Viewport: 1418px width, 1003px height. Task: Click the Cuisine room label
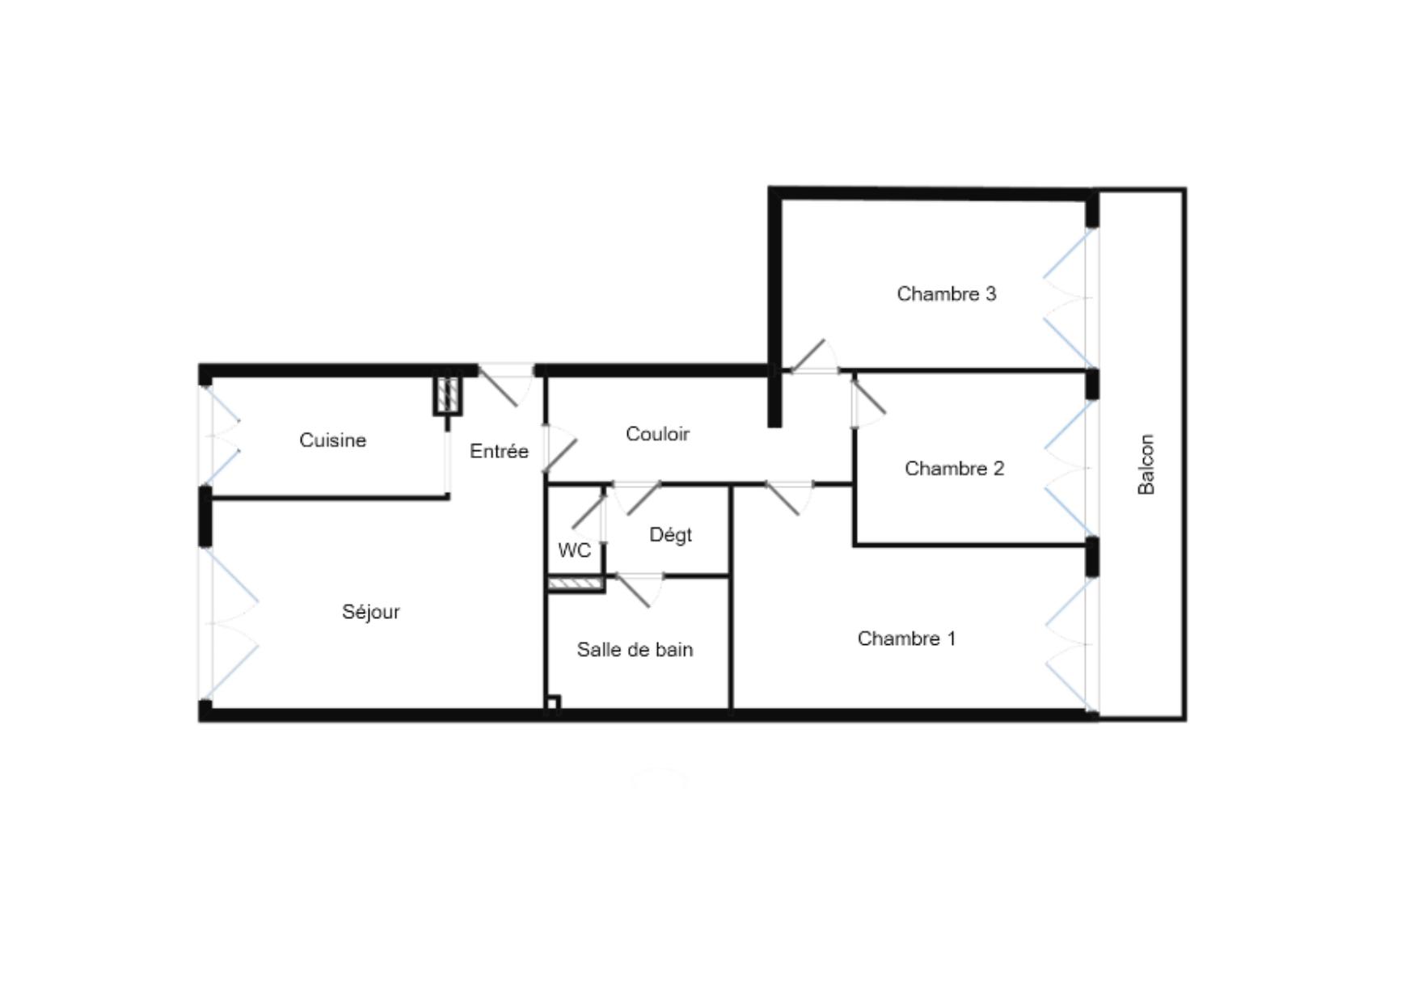click(332, 440)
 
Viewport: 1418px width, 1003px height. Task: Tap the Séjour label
click(371, 612)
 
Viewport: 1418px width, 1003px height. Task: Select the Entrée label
click(499, 451)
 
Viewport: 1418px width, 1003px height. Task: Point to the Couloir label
click(657, 434)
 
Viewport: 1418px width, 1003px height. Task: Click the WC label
click(574, 550)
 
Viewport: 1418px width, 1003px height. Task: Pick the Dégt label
click(670, 535)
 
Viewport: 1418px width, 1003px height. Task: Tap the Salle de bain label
click(635, 650)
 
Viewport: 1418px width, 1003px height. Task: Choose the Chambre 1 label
click(906, 638)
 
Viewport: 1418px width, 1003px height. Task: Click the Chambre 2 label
click(954, 469)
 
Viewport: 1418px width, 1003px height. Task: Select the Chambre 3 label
click(946, 294)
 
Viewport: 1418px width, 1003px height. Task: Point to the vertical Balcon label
click(1146, 464)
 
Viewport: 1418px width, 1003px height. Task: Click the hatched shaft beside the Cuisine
click(448, 394)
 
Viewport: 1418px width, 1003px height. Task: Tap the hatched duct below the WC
click(576, 584)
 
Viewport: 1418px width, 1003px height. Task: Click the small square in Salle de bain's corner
click(553, 703)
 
